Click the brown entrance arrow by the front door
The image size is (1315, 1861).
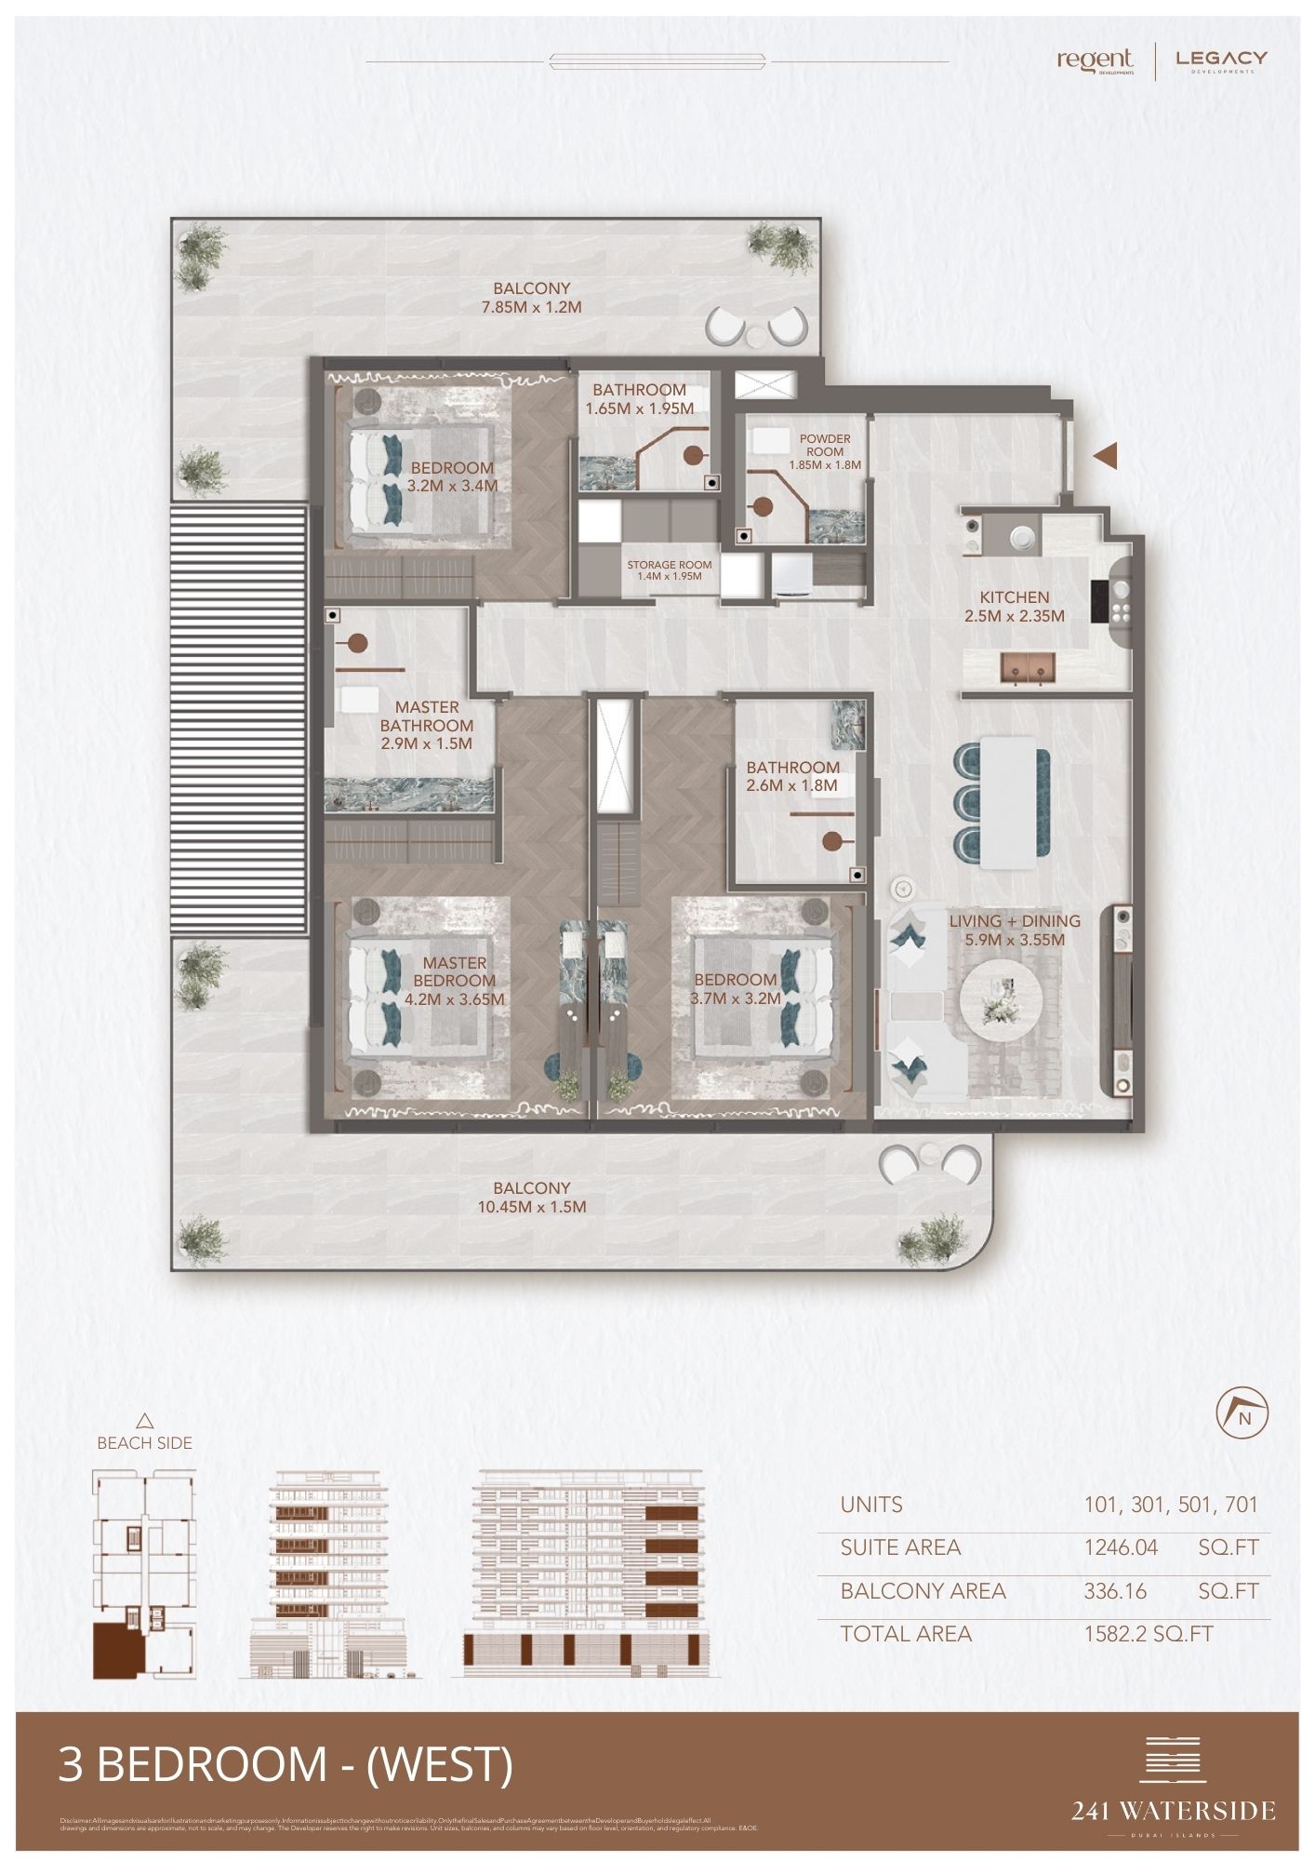tap(1104, 456)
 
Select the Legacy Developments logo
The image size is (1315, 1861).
tap(1221, 61)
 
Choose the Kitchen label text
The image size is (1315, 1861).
tap(1014, 597)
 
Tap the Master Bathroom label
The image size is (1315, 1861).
tap(426, 716)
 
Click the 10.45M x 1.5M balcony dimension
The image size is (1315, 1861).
tap(531, 1207)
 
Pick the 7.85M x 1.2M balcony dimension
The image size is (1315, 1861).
tap(531, 306)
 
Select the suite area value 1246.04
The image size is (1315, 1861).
tap(1121, 1547)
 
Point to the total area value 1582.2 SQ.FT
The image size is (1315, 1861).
tap(1149, 1634)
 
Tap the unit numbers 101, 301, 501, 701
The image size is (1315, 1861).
tap(1170, 1505)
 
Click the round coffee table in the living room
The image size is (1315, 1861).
tap(1003, 998)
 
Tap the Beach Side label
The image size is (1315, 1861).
tap(144, 1443)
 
